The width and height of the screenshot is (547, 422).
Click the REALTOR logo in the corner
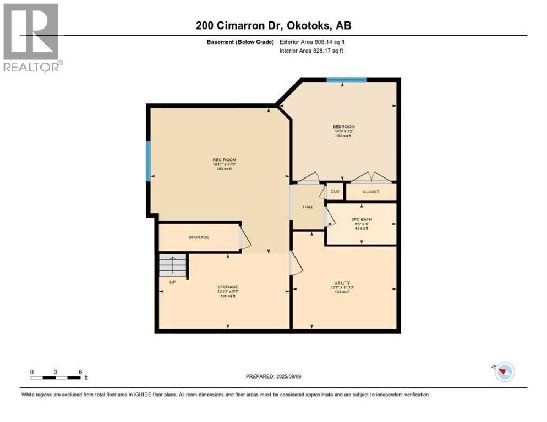coord(31,37)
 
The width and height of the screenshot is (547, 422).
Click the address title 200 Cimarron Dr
coord(273,25)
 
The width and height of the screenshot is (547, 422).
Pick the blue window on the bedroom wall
coord(346,80)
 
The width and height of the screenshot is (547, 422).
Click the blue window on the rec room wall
coord(148,161)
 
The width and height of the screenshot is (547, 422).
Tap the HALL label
coord(308,207)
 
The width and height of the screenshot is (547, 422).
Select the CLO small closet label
coord(335,192)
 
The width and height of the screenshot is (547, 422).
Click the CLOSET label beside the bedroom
coord(370,192)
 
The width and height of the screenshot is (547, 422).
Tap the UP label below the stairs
coord(172,283)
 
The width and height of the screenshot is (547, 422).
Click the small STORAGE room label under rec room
coord(199,237)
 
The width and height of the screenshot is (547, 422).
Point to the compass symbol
coord(504,372)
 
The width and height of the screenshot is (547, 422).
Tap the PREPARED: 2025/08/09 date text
coord(273,376)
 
